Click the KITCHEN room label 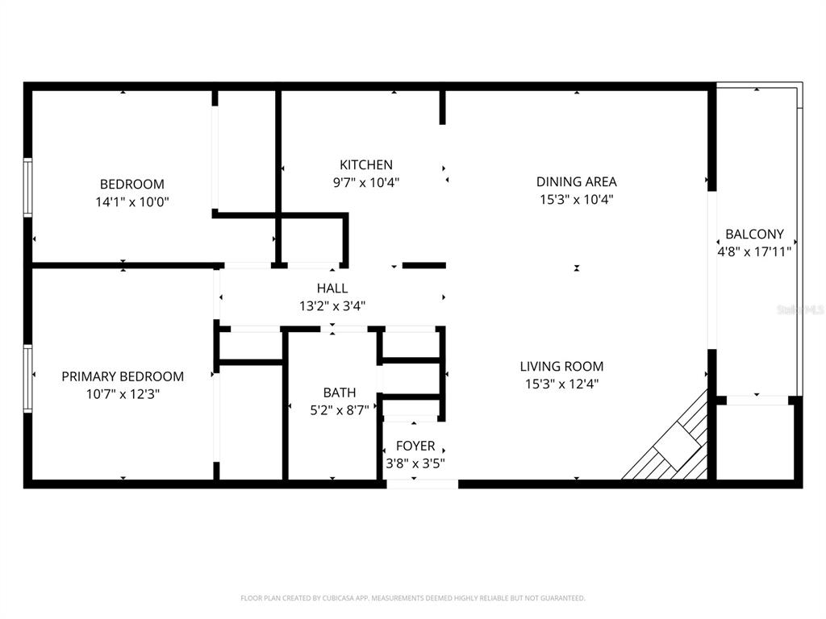pos(365,164)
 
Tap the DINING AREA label pos(576,181)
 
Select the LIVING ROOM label pos(561,366)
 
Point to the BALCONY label pos(754,234)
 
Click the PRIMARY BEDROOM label pos(123,376)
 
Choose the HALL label pos(332,288)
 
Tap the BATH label pos(340,393)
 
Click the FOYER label pos(415,446)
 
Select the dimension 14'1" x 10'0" pos(132,201)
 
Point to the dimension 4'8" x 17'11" pos(754,251)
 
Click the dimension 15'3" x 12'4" pos(561,384)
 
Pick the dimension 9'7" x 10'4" pos(365,182)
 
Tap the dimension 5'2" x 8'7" pos(340,409)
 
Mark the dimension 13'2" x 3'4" pos(332,305)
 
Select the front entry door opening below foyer pos(422,484)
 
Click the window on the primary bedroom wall pos(27,379)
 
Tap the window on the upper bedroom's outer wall pos(27,187)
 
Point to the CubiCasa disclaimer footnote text pos(412,598)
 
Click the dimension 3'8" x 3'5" pos(415,463)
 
